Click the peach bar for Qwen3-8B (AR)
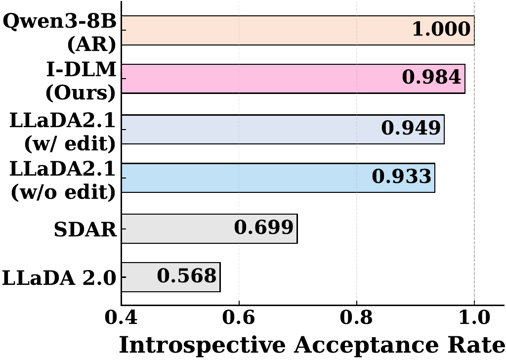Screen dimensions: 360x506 click(267, 30)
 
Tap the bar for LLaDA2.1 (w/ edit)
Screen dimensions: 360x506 click(247, 129)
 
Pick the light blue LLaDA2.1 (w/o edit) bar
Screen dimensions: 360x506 click(242, 178)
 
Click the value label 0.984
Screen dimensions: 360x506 click(431, 78)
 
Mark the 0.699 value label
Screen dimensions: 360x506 click(264, 228)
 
